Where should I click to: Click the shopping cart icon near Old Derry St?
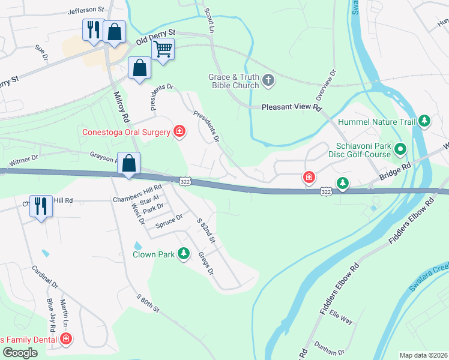coord(163,49)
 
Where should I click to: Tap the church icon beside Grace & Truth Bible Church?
coord(268,80)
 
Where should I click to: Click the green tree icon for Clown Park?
coord(184,254)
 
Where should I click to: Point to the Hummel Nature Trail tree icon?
coord(424,121)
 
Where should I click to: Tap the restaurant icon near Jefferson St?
coord(93,29)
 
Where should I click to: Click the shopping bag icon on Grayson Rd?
coord(129,163)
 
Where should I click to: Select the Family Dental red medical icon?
coord(65,340)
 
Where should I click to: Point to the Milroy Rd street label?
coord(121,106)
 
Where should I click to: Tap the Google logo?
coord(19,353)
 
